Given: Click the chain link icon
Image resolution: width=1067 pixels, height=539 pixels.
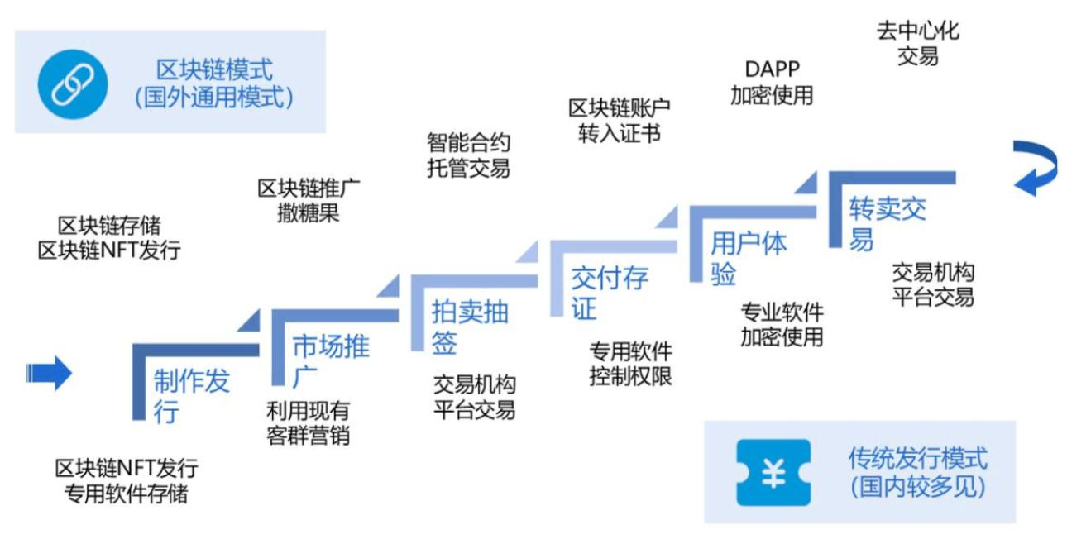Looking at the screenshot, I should pos(72,82).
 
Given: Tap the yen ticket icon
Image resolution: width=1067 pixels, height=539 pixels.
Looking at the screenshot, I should pos(773,472).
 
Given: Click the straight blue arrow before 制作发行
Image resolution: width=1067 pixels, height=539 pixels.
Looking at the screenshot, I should pos(50,373).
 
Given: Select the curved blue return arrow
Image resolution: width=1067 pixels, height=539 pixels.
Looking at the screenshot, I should pos(1036,169).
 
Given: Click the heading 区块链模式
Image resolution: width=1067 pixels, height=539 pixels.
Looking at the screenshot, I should pos(214,69).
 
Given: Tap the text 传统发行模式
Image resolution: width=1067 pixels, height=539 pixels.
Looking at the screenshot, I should pos(918,457).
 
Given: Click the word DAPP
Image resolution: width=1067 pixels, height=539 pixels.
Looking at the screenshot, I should pos(772,69).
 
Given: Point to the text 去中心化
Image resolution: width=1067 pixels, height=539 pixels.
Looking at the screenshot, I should pos(918,31).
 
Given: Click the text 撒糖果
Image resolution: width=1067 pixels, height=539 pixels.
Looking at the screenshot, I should pos(309,212).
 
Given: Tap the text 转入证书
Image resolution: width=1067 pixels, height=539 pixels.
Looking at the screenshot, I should pos(619,134).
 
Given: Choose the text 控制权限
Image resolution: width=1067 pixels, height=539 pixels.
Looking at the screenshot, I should pos(630,376).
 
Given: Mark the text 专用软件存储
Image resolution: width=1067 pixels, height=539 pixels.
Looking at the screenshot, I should pos(126,494).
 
